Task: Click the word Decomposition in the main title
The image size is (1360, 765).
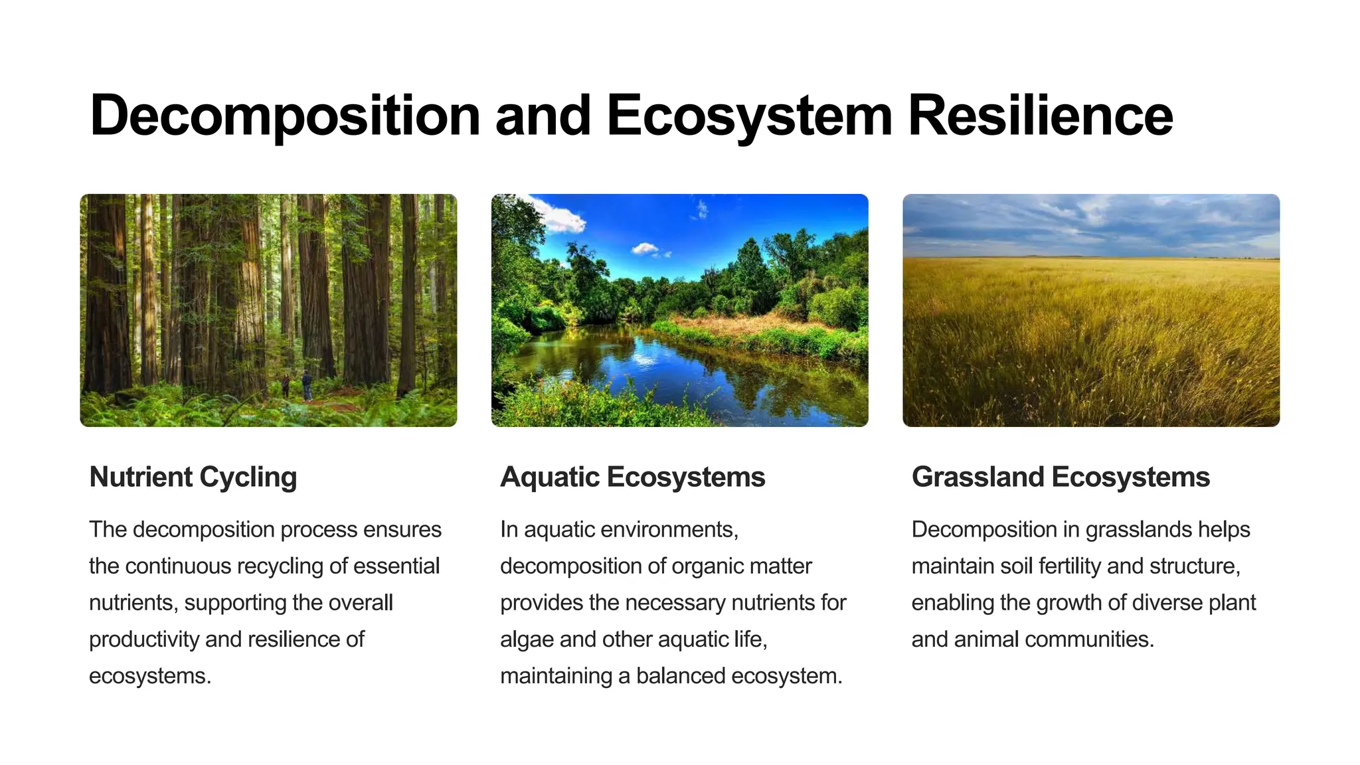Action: click(x=284, y=116)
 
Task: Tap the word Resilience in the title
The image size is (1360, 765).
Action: click(x=1040, y=116)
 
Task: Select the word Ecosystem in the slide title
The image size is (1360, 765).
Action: click(x=749, y=116)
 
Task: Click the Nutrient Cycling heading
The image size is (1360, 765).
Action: click(x=193, y=477)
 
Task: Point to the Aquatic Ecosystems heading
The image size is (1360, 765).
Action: click(x=632, y=477)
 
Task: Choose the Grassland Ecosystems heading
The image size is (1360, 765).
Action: click(x=1061, y=477)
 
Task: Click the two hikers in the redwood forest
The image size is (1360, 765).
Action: click(x=297, y=385)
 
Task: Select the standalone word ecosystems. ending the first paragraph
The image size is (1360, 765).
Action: click(x=150, y=676)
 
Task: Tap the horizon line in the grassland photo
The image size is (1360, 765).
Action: click(x=1090, y=258)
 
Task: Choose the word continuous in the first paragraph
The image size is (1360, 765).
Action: click(x=177, y=566)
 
